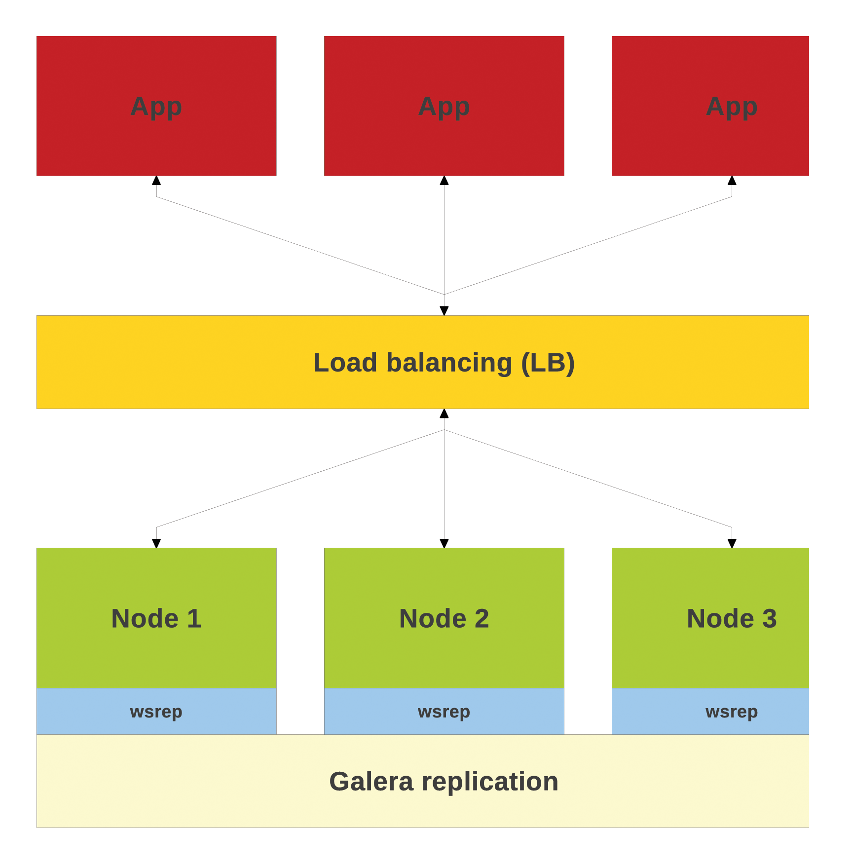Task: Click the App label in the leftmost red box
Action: tap(156, 106)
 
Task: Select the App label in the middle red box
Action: tap(444, 106)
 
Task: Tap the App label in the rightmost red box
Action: tap(732, 106)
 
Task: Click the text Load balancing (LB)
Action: tap(444, 363)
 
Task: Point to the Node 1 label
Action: tap(156, 618)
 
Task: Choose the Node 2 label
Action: tap(444, 618)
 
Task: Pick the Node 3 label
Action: tap(732, 618)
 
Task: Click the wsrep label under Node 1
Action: tap(156, 712)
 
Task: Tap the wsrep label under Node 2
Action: tap(444, 712)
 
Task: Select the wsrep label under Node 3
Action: tap(732, 712)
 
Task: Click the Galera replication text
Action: tap(444, 782)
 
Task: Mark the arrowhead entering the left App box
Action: tap(156, 180)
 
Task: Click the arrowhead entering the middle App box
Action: tap(444, 180)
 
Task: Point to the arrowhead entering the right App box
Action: tap(732, 180)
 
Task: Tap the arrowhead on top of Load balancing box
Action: tap(444, 311)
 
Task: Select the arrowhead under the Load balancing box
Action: tap(444, 414)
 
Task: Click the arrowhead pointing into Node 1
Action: tap(156, 543)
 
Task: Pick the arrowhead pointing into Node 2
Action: tap(444, 543)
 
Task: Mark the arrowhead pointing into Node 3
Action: tap(732, 543)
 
